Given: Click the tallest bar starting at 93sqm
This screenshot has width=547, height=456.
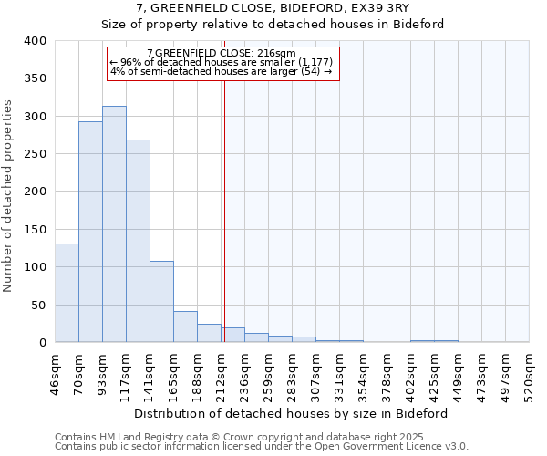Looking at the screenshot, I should (114, 224).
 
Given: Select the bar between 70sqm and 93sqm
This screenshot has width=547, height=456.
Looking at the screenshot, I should (90, 232).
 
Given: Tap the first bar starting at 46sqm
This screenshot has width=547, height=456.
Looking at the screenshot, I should (67, 293).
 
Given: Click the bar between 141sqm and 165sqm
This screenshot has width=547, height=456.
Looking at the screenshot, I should (161, 302).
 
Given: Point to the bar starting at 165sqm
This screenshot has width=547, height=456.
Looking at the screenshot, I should (185, 326).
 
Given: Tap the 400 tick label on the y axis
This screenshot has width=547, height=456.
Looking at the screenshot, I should (35, 41).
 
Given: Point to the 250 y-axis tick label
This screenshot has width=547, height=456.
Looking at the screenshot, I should (35, 154).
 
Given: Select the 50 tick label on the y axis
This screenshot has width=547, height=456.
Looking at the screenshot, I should (38, 305).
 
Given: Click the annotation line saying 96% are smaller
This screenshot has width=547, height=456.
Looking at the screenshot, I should (222, 62).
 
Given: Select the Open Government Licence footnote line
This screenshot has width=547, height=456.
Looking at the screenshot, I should (262, 446).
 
